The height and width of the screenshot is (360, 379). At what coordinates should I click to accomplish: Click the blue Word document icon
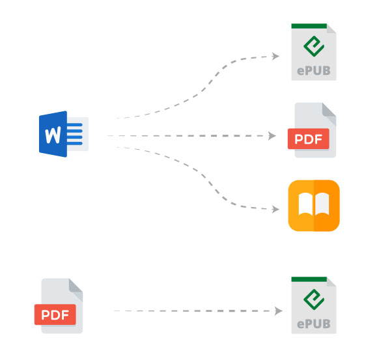(x=64, y=134)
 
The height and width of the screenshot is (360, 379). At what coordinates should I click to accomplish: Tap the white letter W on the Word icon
(x=53, y=135)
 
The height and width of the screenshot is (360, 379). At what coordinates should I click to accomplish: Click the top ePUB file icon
(x=314, y=52)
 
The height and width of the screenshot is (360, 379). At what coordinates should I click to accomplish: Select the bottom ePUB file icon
(x=314, y=305)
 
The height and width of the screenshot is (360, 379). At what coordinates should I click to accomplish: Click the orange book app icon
(x=314, y=206)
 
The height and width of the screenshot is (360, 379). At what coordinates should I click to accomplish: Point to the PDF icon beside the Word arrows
(x=312, y=130)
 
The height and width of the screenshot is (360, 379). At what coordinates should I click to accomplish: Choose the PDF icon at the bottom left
(x=59, y=306)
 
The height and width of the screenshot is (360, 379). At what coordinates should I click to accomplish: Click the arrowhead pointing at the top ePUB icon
(x=275, y=56)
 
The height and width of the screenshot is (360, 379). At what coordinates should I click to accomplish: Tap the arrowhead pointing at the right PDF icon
(x=272, y=136)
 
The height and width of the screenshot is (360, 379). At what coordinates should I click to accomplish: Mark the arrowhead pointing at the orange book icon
(x=275, y=209)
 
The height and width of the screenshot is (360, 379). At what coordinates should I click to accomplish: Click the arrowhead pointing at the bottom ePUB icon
(x=279, y=311)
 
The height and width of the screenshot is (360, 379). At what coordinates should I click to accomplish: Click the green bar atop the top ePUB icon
(x=309, y=26)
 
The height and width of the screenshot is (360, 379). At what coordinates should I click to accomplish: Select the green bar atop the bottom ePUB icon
(x=309, y=279)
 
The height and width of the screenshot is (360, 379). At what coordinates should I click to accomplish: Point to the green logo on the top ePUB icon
(x=313, y=46)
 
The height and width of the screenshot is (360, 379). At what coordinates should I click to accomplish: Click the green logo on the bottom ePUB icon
(x=313, y=299)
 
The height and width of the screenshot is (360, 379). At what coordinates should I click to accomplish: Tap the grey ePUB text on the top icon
(x=314, y=71)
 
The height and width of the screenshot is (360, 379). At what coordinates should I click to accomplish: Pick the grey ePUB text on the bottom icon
(x=314, y=324)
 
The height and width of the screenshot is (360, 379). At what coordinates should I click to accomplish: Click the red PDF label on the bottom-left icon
(x=55, y=314)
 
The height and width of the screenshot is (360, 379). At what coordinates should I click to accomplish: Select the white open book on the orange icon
(x=314, y=204)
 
